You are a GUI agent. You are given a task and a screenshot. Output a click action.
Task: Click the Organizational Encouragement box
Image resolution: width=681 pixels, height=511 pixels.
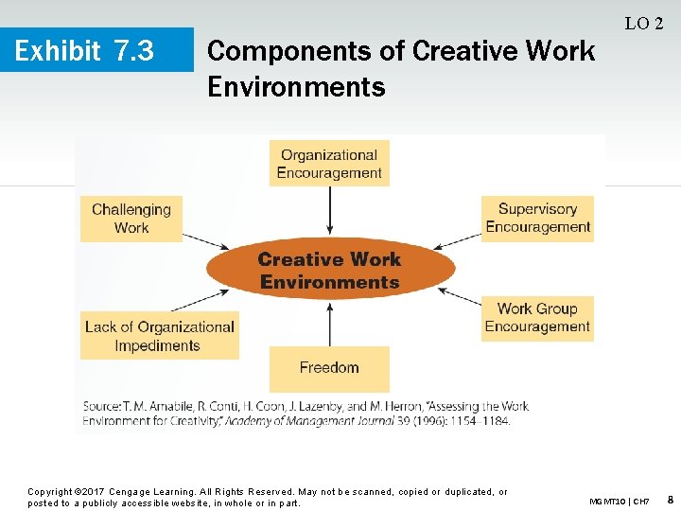[329, 164]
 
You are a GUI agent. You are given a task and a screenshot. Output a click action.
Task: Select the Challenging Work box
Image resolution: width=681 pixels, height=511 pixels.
[131, 219]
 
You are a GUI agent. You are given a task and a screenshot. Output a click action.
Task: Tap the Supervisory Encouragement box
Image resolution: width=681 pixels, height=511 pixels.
[537, 219]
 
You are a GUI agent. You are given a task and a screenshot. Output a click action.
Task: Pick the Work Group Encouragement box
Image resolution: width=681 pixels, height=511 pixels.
[537, 318]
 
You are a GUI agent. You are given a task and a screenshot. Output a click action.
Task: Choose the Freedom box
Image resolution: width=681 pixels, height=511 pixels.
[329, 368]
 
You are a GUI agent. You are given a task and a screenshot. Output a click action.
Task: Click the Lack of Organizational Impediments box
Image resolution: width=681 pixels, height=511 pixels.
[160, 336]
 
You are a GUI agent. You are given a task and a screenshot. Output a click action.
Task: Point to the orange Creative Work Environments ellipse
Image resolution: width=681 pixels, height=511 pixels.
[329, 271]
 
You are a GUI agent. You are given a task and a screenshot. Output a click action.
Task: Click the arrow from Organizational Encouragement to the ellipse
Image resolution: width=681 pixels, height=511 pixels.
[329, 210]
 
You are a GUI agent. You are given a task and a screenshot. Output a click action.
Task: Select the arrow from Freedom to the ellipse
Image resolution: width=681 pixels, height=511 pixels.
[329, 323]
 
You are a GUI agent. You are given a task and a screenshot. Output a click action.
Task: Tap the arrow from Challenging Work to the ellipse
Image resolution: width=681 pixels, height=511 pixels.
[204, 241]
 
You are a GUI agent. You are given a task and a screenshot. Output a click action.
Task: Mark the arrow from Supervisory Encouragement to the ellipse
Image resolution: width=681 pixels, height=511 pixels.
[456, 240]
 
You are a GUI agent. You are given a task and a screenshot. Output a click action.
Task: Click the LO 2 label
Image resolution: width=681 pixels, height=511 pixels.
[644, 24]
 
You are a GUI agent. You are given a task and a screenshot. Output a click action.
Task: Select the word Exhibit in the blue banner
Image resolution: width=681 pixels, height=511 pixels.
[58, 50]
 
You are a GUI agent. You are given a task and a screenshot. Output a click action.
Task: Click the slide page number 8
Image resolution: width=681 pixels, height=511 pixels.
[670, 499]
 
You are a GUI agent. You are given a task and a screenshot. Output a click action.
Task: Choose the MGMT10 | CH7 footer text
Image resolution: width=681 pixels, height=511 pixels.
[619, 501]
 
